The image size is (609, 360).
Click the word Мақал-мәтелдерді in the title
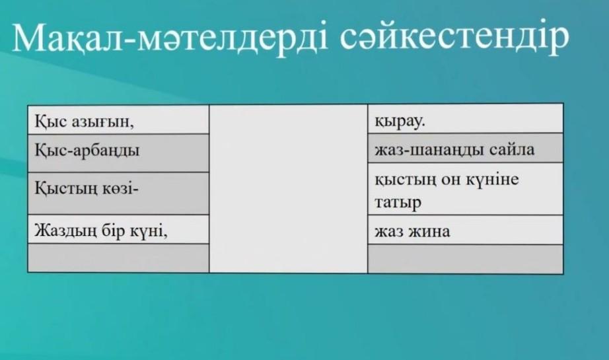coord(170,38)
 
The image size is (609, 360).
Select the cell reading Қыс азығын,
coord(118,120)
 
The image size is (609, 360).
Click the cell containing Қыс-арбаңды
coord(118,153)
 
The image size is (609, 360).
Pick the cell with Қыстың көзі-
coord(118,194)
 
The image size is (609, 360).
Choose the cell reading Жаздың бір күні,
coord(118,229)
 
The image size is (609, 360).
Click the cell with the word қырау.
coord(465,118)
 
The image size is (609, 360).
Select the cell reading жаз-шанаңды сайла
coord(465,148)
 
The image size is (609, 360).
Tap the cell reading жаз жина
coord(465,230)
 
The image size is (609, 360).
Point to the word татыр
coord(398,203)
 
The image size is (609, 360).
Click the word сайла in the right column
coord(512,149)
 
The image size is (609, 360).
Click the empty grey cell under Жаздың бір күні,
coord(118,258)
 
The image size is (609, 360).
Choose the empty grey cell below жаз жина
coord(465,259)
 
